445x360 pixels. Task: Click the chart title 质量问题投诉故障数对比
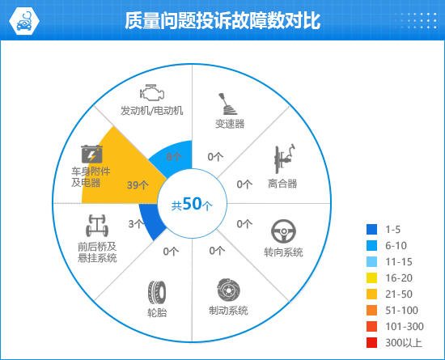coord(222,20)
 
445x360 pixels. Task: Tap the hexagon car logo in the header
coord(24,21)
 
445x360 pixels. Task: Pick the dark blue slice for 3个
coord(150,220)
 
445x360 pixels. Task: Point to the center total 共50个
coord(192,204)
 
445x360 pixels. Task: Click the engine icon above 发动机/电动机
coord(152,92)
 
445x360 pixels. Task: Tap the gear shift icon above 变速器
coord(227,104)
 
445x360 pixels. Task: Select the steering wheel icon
coord(283,231)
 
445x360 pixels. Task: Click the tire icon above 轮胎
coord(157,293)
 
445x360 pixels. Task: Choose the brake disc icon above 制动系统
coord(229,290)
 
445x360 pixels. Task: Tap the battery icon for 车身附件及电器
coord(91,154)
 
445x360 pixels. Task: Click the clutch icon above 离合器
coord(284,159)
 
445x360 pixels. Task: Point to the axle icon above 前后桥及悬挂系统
coord(97,226)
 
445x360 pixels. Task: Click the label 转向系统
coord(283,252)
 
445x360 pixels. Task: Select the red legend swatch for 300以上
coord(372,342)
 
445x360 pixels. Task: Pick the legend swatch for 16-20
coord(372,277)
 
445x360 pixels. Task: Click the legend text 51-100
coord(401,311)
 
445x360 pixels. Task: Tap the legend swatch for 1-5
coord(372,229)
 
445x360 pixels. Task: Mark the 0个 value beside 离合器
coord(244,184)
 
